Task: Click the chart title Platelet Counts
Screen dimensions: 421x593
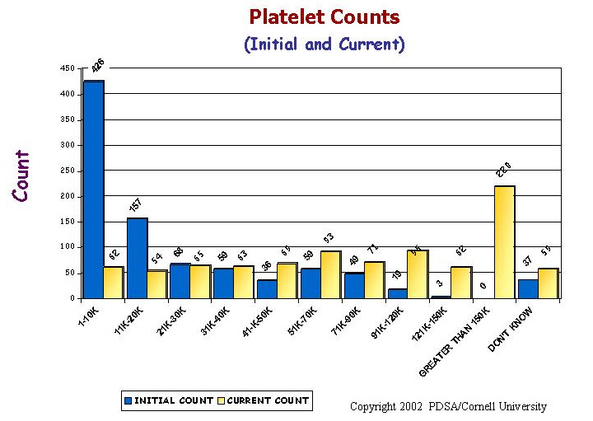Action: click(325, 17)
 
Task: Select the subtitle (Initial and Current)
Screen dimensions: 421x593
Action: click(325, 44)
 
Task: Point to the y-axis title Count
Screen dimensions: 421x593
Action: click(21, 175)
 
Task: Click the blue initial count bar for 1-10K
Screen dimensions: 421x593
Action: click(93, 189)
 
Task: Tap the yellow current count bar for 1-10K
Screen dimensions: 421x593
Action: click(113, 282)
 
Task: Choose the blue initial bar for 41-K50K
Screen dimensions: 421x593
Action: click(267, 288)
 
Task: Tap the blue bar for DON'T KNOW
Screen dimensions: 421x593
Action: click(528, 288)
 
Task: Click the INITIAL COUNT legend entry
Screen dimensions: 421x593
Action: click(169, 401)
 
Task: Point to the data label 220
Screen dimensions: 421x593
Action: click(504, 169)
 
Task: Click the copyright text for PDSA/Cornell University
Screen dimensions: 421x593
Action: click(448, 406)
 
